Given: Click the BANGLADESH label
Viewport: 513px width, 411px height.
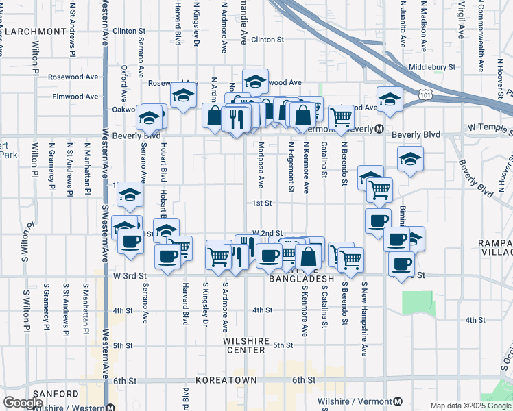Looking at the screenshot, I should coord(301,279).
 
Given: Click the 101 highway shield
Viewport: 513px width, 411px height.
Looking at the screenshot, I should coord(426,92).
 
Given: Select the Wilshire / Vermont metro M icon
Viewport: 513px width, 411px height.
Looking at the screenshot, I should coord(399,401).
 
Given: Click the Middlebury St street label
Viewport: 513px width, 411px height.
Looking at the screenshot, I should coord(431,67).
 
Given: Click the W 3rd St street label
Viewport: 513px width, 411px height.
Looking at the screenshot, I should coord(128,275).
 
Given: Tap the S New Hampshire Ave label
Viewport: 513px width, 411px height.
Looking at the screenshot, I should coord(364,319).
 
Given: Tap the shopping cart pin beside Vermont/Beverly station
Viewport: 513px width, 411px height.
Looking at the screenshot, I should coord(340,116).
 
